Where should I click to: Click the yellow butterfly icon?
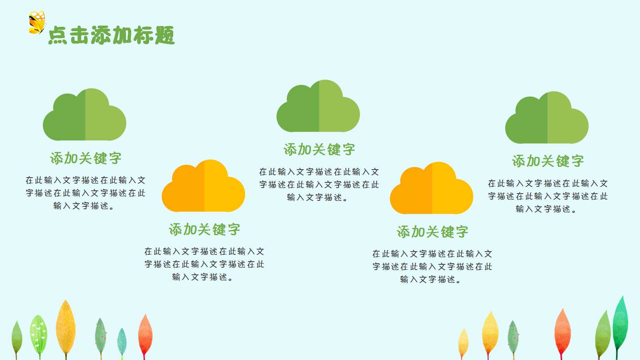pyautogui.click(x=37, y=23)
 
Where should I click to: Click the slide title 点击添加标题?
pyautogui.click(x=111, y=35)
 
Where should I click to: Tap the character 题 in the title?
pyautogui.click(x=164, y=35)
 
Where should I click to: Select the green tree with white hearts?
pyautogui.click(x=39, y=334)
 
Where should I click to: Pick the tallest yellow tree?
pyautogui.click(x=66, y=326)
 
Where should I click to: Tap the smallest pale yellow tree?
pyautogui.click(x=463, y=342)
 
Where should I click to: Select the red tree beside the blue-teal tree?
pyautogui.click(x=145, y=334)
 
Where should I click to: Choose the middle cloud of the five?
pyautogui.click(x=318, y=107)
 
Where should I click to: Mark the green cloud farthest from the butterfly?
pyautogui.click(x=547, y=119)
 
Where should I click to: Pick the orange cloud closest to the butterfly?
pyautogui.click(x=204, y=187)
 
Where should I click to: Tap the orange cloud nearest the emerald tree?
pyautogui.click(x=432, y=189)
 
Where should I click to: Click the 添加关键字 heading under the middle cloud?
pyautogui.click(x=319, y=150)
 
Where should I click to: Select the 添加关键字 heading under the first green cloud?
pyautogui.click(x=86, y=158)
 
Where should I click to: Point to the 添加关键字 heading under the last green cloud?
pyautogui.click(x=548, y=161)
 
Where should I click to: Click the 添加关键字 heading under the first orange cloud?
pyautogui.click(x=204, y=230)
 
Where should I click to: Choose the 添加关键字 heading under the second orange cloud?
pyautogui.click(x=432, y=232)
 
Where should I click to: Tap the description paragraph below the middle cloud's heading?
pyautogui.click(x=319, y=184)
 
